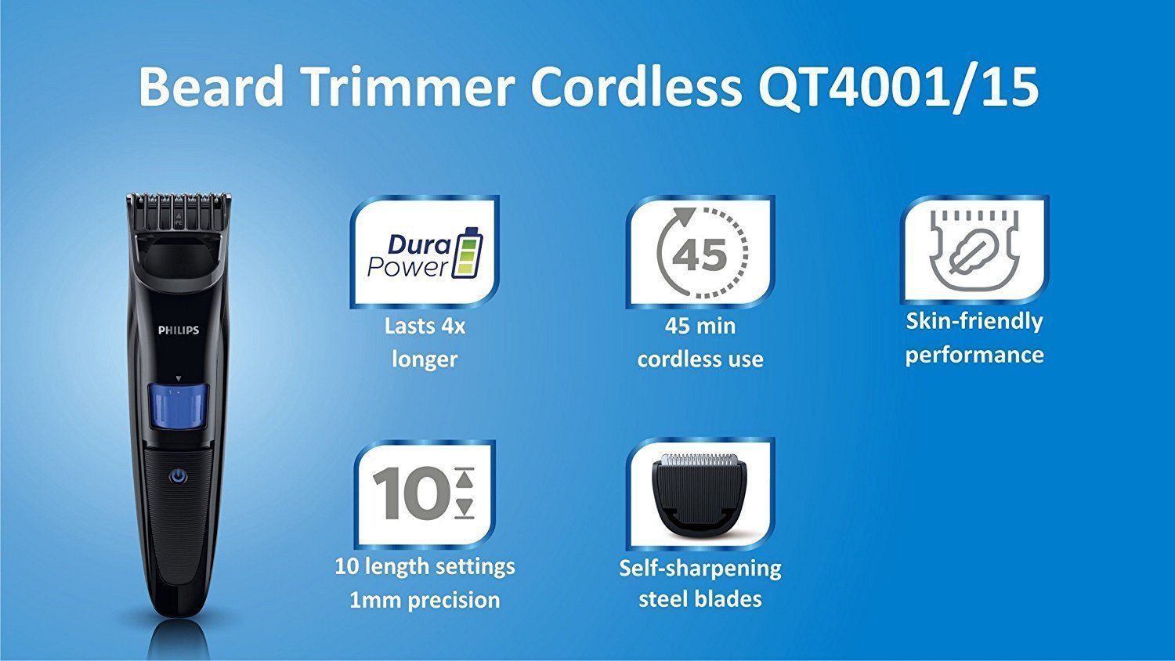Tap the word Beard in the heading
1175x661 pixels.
click(211, 86)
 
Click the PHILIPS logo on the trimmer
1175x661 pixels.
click(179, 330)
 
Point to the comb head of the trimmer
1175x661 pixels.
click(179, 215)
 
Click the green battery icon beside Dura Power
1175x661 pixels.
click(467, 253)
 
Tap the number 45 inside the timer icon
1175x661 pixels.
click(700, 255)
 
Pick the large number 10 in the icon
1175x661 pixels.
click(410, 493)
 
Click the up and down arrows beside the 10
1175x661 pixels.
click(465, 493)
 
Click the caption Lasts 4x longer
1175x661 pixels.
click(425, 342)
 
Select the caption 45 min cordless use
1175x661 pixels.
click(700, 342)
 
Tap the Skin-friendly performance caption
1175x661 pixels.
click(974, 338)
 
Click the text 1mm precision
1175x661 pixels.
click(425, 600)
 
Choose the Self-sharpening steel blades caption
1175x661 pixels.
click(700, 583)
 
